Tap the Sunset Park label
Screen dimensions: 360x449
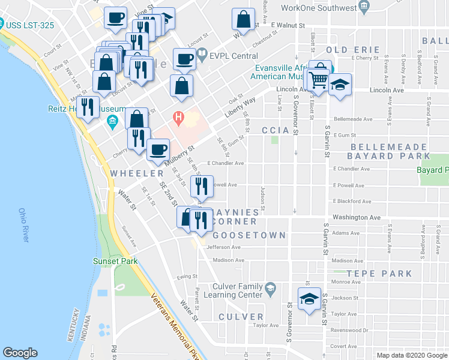115,261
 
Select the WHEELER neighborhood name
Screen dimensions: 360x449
133,173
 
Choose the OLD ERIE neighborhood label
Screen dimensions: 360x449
353,49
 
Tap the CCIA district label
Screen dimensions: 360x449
276,130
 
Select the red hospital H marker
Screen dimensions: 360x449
178,117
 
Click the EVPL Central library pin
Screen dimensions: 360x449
202,56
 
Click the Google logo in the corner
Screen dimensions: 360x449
20,353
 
